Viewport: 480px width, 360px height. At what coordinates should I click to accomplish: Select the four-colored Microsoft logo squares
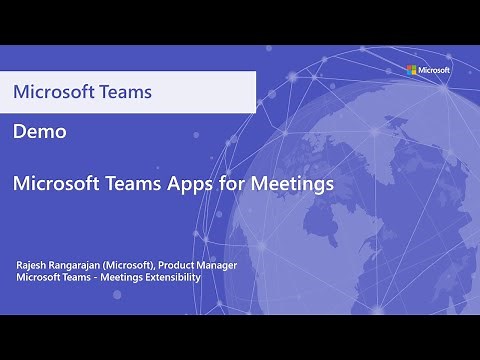point(410,70)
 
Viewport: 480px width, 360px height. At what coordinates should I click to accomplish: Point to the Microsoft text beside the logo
point(434,70)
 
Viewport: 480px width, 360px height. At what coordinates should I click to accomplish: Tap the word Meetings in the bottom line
point(119,277)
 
